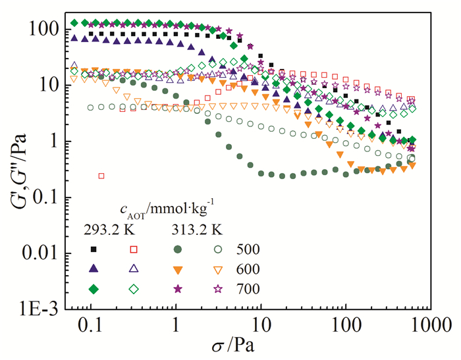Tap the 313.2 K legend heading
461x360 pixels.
(x=188, y=230)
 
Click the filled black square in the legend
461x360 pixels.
(x=94, y=249)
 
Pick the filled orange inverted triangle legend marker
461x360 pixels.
(x=178, y=269)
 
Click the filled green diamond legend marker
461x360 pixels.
(x=94, y=289)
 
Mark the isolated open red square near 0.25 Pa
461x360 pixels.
(x=101, y=176)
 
